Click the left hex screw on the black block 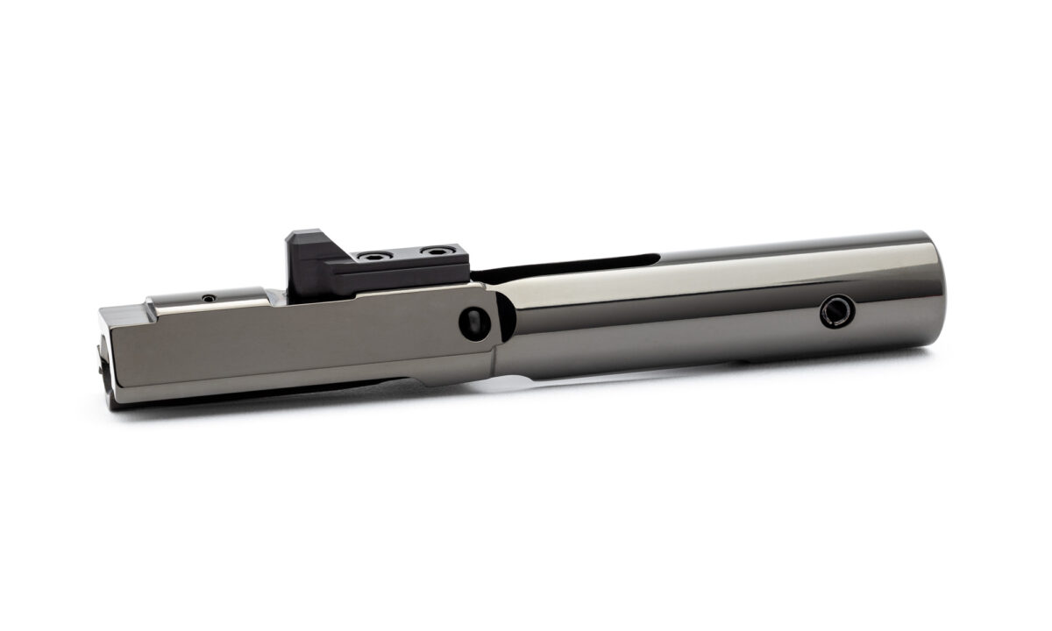click(376, 257)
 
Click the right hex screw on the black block click(431, 252)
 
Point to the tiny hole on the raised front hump click(208, 298)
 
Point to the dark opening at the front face click(101, 359)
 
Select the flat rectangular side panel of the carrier click(289, 342)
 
